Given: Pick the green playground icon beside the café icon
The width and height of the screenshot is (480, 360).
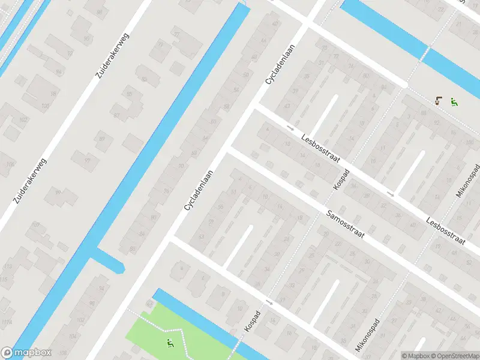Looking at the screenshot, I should click(454, 102).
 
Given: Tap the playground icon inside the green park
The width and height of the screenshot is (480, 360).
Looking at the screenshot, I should click(170, 344).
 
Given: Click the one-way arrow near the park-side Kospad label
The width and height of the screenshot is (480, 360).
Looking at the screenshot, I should click(269, 302).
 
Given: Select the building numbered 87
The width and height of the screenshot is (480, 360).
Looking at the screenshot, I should click(116, 115).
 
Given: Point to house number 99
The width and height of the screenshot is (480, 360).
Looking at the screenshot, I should click(58, 192).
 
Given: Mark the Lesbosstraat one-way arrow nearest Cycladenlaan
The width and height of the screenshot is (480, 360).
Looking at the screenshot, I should click(290, 128).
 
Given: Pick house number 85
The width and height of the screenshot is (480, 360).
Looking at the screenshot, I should click(129, 94).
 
